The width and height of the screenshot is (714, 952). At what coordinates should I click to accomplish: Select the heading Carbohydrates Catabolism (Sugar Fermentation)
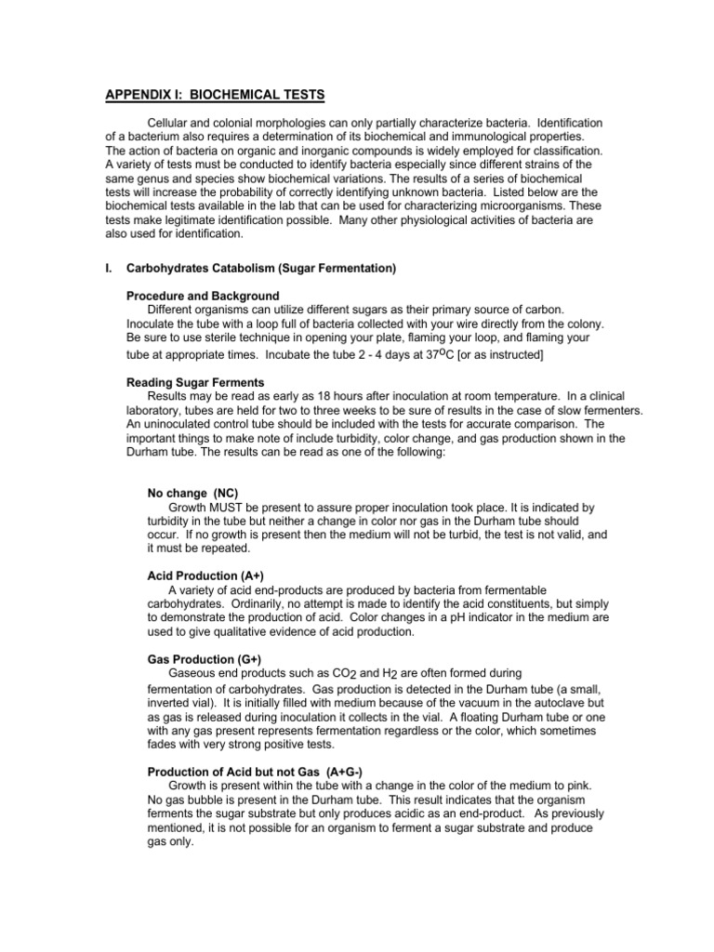(261, 269)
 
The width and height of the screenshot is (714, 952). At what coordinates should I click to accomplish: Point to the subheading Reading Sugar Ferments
(195, 382)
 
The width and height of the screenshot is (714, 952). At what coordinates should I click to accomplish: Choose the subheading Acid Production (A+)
(199, 576)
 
